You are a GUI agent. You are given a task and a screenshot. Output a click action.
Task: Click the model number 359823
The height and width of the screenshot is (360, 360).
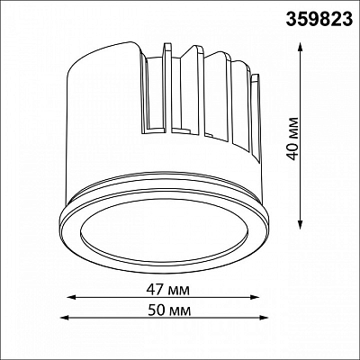coord(319,20)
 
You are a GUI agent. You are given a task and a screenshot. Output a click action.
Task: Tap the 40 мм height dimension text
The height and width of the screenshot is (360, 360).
coord(293,139)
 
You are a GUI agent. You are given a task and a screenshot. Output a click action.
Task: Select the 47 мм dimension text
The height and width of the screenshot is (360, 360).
coord(168,290)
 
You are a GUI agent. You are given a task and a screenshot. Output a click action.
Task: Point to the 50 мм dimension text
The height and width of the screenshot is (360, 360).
coord(169,310)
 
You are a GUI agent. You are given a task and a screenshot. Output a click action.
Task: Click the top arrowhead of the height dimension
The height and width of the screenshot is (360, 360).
coord(300,47)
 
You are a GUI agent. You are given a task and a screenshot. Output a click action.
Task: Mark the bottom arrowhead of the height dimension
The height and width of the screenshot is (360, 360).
coord(300,225)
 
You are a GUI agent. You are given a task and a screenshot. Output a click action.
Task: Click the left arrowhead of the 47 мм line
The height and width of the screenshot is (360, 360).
coord(71,297)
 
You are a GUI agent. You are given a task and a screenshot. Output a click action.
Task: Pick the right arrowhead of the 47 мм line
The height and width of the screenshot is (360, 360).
coord(255,297)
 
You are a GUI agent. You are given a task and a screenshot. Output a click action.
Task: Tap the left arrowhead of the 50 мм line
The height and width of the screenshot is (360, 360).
coord(65,318)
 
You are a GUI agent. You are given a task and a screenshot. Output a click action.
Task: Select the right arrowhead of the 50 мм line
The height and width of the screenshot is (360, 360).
coord(263,318)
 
